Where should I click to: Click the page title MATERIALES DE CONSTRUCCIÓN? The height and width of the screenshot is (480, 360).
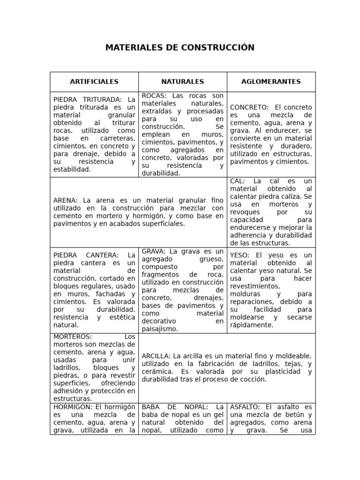[180, 48]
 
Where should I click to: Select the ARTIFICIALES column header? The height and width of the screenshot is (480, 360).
[94, 82]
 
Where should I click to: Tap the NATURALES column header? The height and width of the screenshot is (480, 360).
[182, 82]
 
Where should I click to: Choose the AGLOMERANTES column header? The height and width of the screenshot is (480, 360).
[271, 82]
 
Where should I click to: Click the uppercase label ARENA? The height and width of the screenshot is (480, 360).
[66, 201]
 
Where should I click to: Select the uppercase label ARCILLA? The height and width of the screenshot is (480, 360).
[157, 356]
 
